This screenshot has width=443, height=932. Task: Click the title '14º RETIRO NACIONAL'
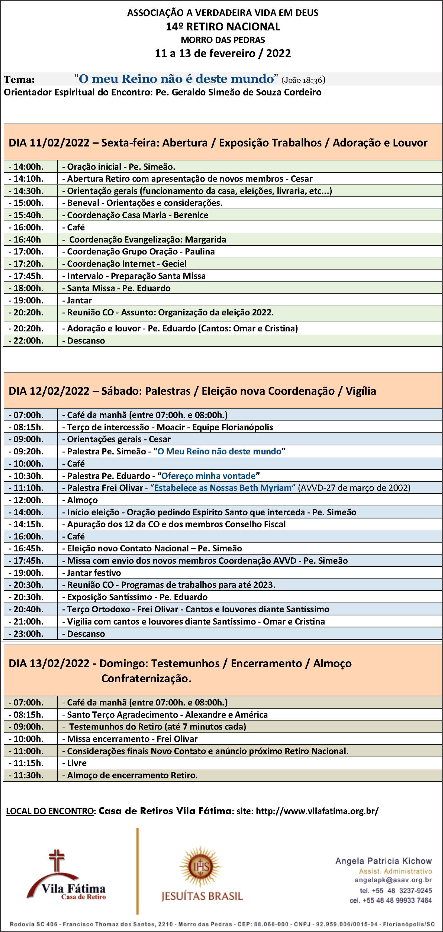click(223, 26)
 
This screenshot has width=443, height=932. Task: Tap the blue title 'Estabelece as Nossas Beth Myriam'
click(223, 488)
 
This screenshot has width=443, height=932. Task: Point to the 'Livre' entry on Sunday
click(77, 763)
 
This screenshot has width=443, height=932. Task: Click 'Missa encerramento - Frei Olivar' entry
click(132, 739)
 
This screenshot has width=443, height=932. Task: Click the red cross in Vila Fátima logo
click(57, 861)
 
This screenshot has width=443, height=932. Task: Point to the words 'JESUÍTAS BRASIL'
click(202, 896)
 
